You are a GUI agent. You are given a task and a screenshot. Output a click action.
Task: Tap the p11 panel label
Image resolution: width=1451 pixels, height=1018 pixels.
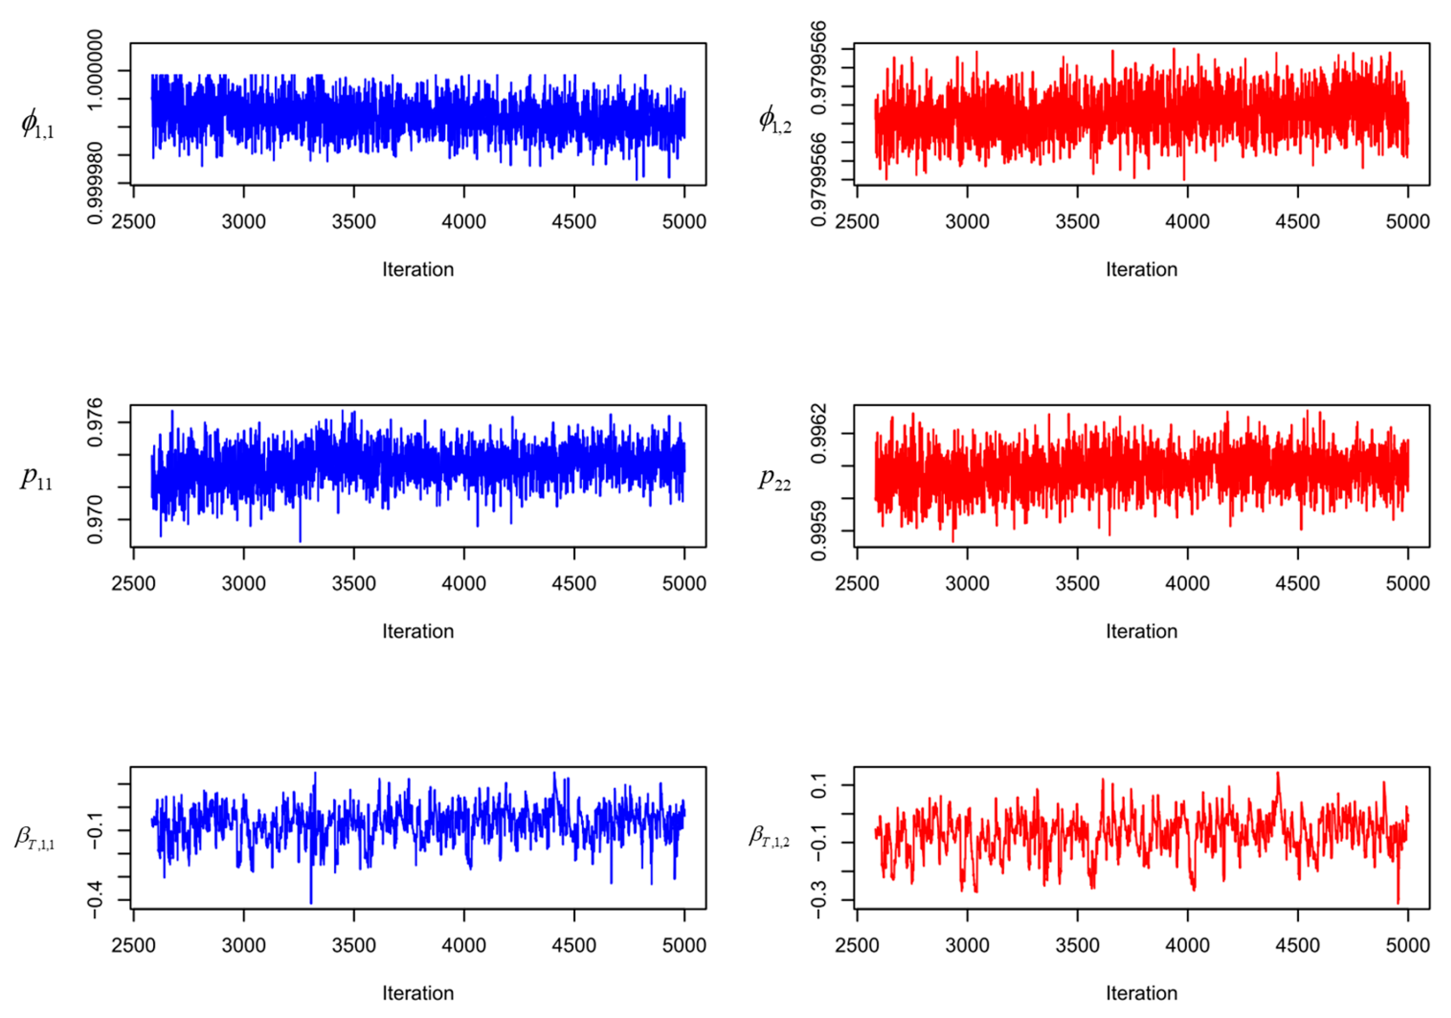coord(36,478)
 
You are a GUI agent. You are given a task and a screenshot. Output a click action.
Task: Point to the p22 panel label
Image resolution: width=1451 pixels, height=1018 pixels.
coord(774,478)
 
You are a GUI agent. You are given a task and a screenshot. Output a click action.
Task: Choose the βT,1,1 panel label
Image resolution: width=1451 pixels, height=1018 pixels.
coord(35,838)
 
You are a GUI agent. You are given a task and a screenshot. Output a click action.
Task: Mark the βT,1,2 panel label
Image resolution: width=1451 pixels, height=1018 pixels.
coord(769,836)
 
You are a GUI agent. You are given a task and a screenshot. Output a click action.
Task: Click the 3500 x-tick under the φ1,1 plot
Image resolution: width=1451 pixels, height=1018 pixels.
coord(354,222)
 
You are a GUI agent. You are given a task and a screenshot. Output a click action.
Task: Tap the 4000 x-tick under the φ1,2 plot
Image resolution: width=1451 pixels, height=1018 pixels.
coord(1187,222)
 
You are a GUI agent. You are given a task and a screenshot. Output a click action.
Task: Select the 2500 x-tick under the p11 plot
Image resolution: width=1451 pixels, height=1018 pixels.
coord(133,583)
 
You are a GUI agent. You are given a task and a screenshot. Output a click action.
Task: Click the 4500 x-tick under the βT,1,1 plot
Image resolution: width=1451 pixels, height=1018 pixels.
coord(574,945)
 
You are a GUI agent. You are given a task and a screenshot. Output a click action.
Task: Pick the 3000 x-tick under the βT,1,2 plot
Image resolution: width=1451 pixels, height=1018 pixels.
coord(967,945)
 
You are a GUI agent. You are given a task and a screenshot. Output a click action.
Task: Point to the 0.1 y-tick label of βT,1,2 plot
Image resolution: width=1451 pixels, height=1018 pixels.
coord(819,786)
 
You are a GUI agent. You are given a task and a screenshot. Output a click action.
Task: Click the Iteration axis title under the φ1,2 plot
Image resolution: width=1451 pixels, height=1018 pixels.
coord(1141,270)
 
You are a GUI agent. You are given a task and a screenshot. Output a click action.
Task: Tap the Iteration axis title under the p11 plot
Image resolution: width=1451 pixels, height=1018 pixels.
coord(418,631)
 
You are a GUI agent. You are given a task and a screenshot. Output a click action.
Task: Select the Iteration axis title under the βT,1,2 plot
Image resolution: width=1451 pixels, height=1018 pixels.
coord(1141,994)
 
